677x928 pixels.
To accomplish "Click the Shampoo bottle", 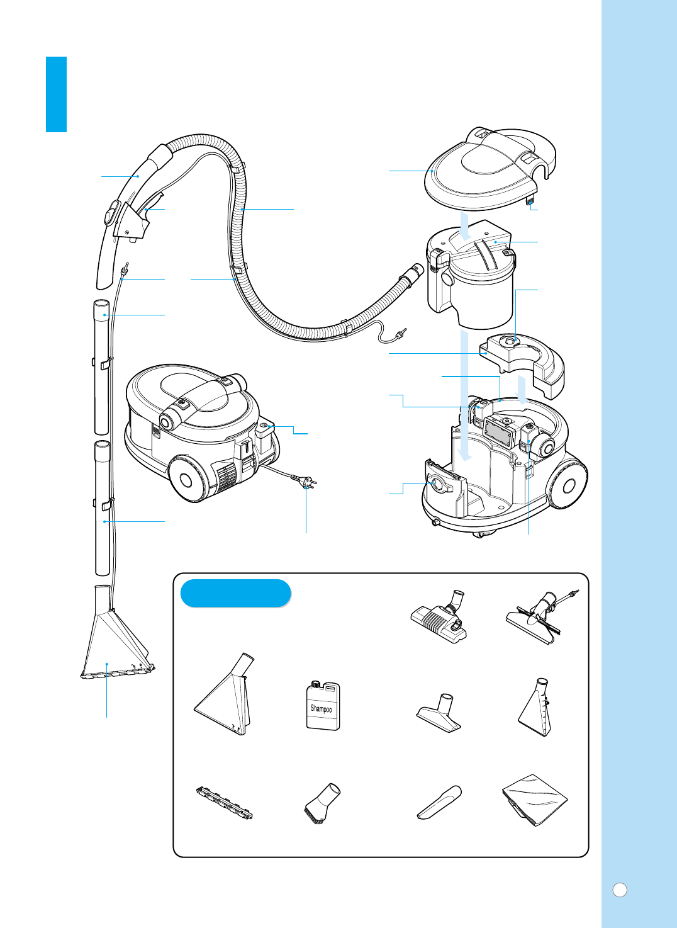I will (x=323, y=706).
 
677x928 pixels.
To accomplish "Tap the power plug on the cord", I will (x=307, y=484).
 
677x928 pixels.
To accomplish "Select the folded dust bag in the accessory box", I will (x=535, y=800).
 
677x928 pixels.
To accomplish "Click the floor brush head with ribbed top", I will (x=439, y=619).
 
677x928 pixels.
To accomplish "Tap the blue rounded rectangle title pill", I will (x=235, y=593).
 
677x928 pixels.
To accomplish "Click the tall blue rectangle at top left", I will (x=56, y=94).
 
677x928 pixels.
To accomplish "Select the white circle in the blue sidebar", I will (x=620, y=890).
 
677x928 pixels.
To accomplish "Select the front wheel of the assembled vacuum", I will (x=186, y=480).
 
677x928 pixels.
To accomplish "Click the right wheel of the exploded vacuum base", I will (x=568, y=485).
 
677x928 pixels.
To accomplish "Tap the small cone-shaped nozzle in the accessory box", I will (x=535, y=708).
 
